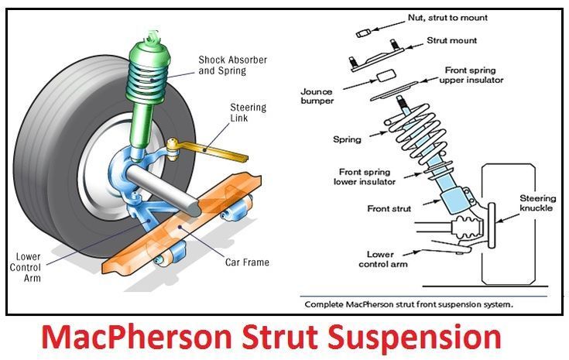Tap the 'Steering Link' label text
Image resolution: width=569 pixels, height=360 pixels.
tap(249, 113)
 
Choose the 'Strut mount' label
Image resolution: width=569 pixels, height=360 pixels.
tap(452, 40)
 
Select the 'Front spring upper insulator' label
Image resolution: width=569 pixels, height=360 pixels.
tap(474, 74)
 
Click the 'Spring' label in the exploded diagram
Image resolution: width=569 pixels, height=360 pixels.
tap(347, 140)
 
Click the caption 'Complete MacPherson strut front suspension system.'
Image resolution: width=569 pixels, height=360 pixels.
tap(407, 305)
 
